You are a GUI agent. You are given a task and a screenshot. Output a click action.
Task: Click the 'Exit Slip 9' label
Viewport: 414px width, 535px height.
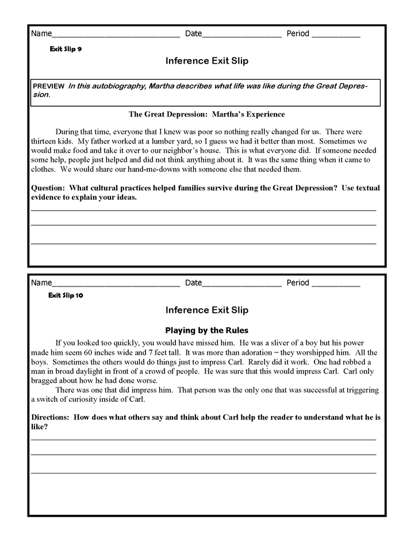66,49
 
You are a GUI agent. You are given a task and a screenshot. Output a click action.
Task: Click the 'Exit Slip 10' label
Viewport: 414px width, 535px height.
67,296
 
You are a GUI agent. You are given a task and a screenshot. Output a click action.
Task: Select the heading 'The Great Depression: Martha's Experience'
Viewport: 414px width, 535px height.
206,114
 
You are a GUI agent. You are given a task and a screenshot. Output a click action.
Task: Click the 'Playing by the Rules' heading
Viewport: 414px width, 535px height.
206,330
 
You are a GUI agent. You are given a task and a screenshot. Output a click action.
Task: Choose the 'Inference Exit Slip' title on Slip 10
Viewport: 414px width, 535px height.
206,310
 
